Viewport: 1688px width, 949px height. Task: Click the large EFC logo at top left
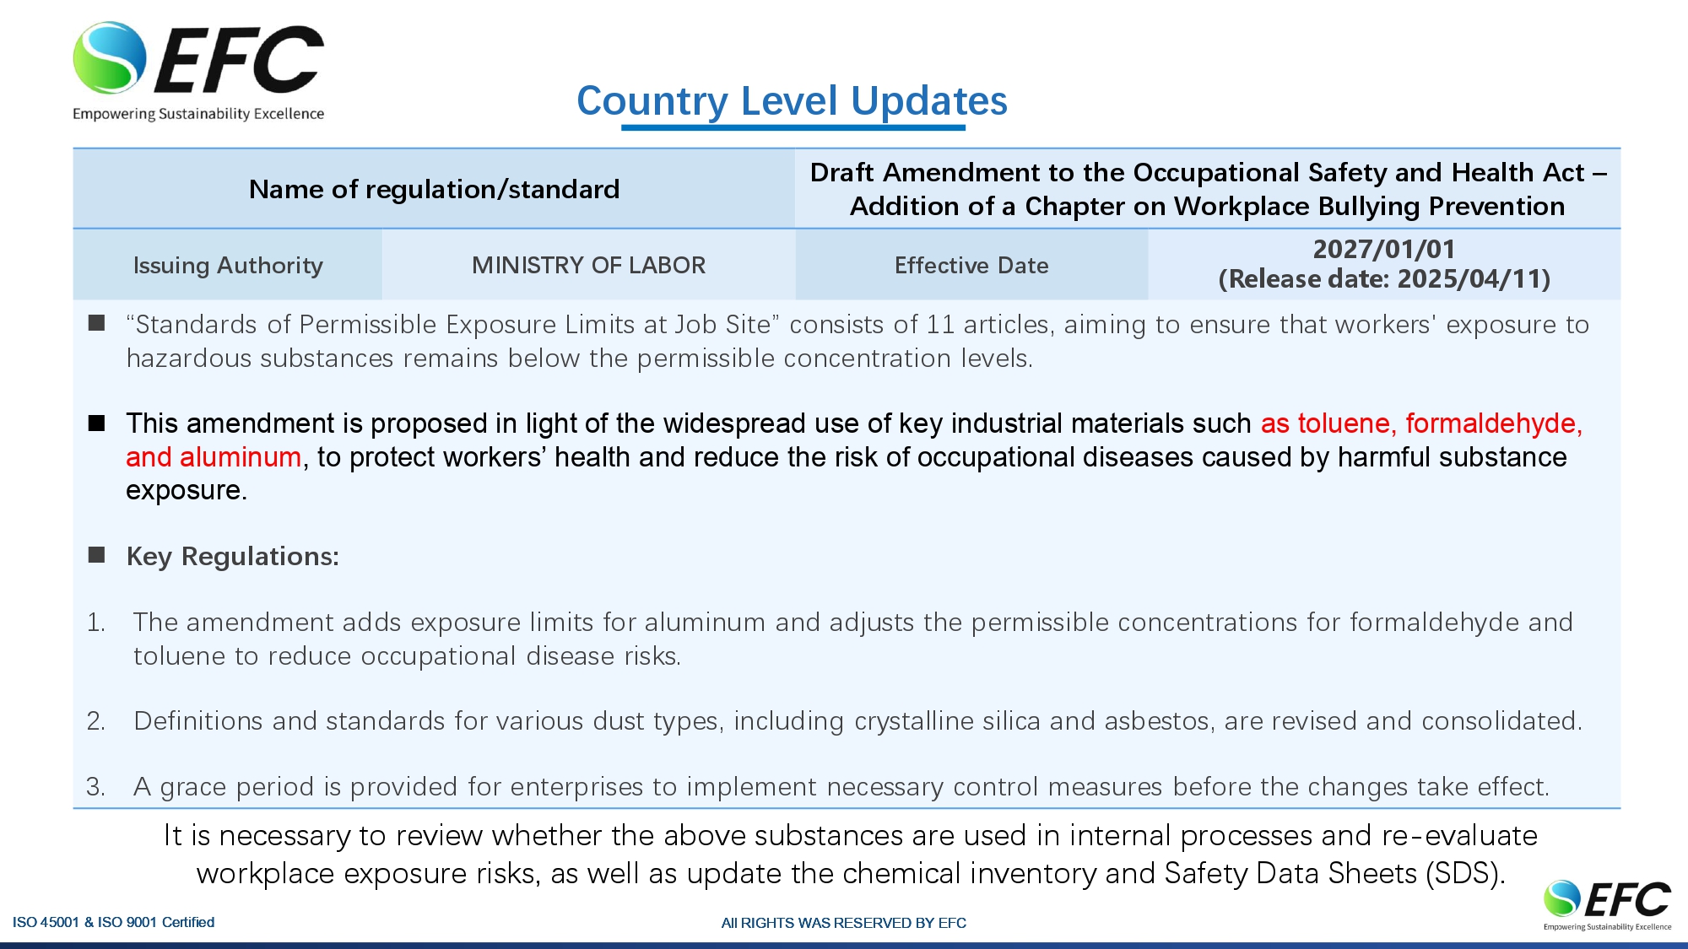coord(198,72)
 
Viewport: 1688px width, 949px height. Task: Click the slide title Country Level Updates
coord(792,101)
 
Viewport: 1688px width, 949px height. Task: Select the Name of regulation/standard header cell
coord(434,189)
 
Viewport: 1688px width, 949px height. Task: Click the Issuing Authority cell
coord(228,265)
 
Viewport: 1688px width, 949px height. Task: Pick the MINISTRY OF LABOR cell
coord(588,265)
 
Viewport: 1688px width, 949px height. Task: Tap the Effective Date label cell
coord(971,265)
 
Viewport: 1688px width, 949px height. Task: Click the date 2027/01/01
coord(1384,249)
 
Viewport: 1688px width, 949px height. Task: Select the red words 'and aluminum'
coord(214,457)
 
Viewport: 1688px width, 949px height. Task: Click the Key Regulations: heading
coord(233,556)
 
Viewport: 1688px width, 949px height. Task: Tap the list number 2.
coord(95,721)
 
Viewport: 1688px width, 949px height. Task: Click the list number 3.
coord(95,787)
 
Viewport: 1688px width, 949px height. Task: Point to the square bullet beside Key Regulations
coord(97,554)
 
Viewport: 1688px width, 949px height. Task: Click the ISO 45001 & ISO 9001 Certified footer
coord(114,922)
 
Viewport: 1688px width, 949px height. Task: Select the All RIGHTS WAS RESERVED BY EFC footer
coord(844,923)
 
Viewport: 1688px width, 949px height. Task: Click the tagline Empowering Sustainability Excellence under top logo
coord(198,114)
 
